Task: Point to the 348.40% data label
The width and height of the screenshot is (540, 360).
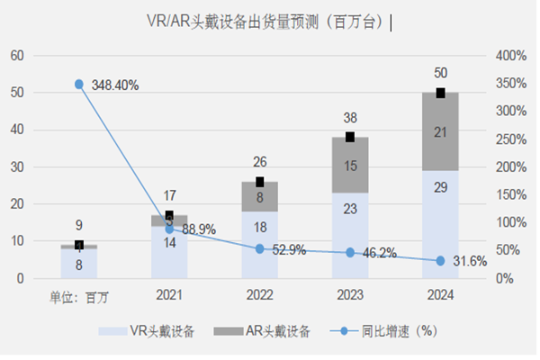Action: (115, 85)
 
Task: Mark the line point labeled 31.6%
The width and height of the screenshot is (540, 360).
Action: (441, 261)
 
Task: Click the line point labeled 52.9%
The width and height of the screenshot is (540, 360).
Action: (259, 249)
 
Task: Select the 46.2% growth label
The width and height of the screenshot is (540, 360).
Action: (380, 255)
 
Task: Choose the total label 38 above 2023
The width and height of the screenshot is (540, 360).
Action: (349, 117)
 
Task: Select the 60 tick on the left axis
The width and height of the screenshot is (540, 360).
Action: (16, 56)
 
